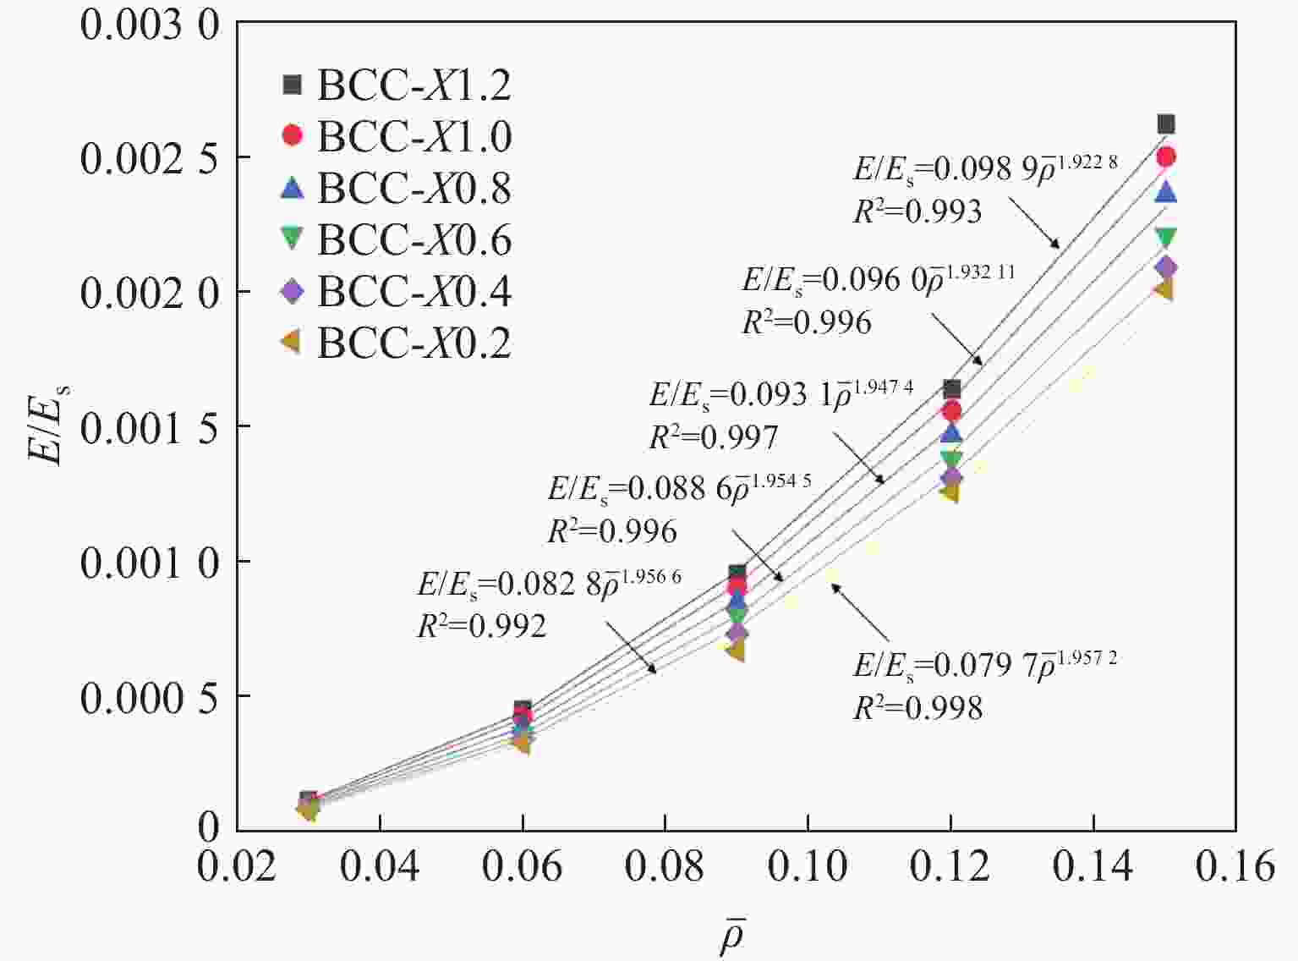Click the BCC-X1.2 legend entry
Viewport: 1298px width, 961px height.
tap(396, 85)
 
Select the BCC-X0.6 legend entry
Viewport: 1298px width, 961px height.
tap(396, 240)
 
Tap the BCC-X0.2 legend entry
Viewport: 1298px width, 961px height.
tap(396, 343)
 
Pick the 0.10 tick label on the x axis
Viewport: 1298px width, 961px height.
tap(808, 867)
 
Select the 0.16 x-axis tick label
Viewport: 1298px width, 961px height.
tap(1235, 867)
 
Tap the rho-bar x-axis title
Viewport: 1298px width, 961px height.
tap(732, 936)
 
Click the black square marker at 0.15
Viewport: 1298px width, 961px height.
tap(1166, 124)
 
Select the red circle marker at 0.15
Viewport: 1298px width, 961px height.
tap(1166, 157)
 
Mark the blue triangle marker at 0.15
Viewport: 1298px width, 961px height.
tap(1166, 192)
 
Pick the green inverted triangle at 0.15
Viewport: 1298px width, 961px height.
tap(1166, 238)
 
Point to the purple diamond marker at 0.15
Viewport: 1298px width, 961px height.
tap(1166, 267)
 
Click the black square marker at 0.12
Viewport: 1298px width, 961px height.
tap(951, 389)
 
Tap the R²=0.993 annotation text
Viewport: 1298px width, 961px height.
tap(917, 211)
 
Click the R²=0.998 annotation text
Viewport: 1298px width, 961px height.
tap(917, 708)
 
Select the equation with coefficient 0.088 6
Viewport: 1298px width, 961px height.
tap(679, 488)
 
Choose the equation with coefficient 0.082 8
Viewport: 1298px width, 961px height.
tap(549, 584)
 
